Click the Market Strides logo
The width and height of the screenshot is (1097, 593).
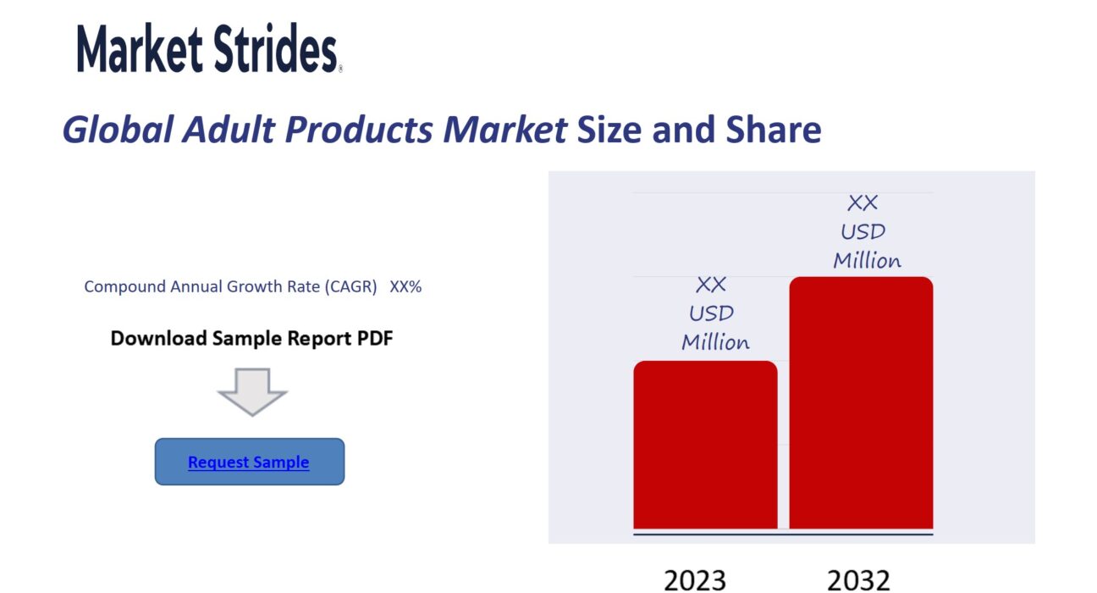[209, 48]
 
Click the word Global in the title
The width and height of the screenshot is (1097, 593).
[118, 130]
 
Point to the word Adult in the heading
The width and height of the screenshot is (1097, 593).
[229, 130]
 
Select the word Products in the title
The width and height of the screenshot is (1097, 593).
[359, 130]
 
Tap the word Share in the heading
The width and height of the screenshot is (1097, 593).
[774, 130]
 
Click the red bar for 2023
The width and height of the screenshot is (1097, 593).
[705, 445]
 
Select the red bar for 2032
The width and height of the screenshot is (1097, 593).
[861, 402]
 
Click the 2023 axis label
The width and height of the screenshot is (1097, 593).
[695, 580]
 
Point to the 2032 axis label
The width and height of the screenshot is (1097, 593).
[858, 580]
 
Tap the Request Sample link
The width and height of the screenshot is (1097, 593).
[248, 462]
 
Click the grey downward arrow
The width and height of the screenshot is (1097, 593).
[252, 392]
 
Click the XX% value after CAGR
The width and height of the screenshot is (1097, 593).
[405, 286]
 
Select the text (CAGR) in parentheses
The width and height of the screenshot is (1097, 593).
[350, 286]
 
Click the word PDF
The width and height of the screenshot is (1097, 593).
[375, 338]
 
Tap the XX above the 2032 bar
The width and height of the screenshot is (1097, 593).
[863, 203]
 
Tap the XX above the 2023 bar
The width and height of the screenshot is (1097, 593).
[711, 285]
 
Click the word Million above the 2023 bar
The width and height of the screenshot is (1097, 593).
[715, 342]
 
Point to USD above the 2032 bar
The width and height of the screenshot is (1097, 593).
[863, 232]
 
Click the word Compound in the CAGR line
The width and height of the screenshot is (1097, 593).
[125, 286]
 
